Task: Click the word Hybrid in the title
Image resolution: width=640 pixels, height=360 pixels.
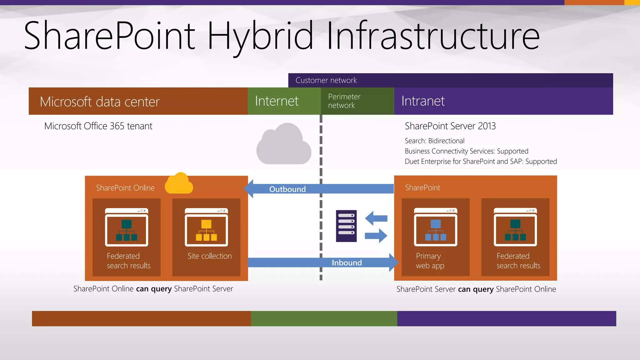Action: click(260, 36)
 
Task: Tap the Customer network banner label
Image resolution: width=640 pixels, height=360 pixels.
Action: click(326, 80)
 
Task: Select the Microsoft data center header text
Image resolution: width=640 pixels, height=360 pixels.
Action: click(100, 102)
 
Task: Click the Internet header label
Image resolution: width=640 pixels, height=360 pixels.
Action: click(277, 101)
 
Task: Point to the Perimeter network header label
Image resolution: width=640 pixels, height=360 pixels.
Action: click(344, 101)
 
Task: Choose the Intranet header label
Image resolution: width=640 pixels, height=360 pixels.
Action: click(423, 101)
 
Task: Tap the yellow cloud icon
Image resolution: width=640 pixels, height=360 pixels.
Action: click(179, 183)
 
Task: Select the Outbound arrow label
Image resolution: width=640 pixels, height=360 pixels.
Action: click(287, 189)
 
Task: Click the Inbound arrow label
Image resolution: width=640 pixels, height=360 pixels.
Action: click(347, 263)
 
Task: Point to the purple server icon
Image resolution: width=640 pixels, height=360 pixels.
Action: click(346, 226)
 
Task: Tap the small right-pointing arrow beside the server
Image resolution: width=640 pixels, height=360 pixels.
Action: click(376, 236)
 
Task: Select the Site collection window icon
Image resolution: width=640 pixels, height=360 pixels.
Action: click(206, 227)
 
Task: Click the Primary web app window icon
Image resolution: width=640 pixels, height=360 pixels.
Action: click(435, 227)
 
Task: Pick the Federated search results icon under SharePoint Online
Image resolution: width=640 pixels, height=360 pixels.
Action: click(127, 227)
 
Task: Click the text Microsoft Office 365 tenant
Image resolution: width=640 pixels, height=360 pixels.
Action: click(98, 126)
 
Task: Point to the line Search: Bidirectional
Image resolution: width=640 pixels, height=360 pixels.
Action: click(434, 141)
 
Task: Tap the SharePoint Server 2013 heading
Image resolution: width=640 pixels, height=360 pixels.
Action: click(450, 126)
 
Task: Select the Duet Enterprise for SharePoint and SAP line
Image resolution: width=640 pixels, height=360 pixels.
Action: click(481, 162)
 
